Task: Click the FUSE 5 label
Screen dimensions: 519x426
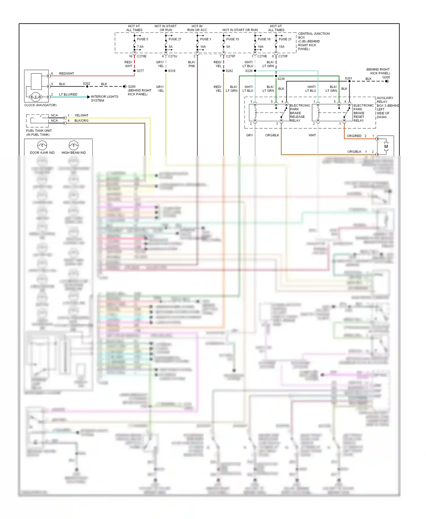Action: click(143, 39)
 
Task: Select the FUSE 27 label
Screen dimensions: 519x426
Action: click(175, 39)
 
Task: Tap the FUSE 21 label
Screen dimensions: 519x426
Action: click(285, 39)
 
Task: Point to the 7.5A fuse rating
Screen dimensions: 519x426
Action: click(140, 47)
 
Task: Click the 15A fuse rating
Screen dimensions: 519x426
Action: click(281, 47)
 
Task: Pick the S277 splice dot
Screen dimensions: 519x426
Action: click(134, 71)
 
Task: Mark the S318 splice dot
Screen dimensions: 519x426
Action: click(166, 71)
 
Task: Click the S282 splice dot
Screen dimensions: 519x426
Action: click(224, 71)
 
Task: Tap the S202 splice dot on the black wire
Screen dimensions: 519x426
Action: click(87, 86)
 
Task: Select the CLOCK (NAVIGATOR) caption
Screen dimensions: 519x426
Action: click(40, 105)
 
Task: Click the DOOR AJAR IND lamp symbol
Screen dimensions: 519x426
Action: click(42, 145)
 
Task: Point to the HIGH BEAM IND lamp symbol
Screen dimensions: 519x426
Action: click(74, 145)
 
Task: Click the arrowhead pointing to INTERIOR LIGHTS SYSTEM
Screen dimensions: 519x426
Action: click(89, 97)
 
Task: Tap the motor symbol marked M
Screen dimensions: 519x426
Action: click(386, 147)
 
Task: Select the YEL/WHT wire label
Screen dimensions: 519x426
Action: click(81, 115)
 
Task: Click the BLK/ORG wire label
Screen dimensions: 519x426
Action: click(81, 121)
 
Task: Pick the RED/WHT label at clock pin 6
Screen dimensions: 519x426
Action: click(66, 74)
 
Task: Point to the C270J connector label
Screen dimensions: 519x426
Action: click(173, 56)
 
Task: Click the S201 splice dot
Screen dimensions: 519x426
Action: click(349, 81)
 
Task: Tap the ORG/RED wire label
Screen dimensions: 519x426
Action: click(354, 136)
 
